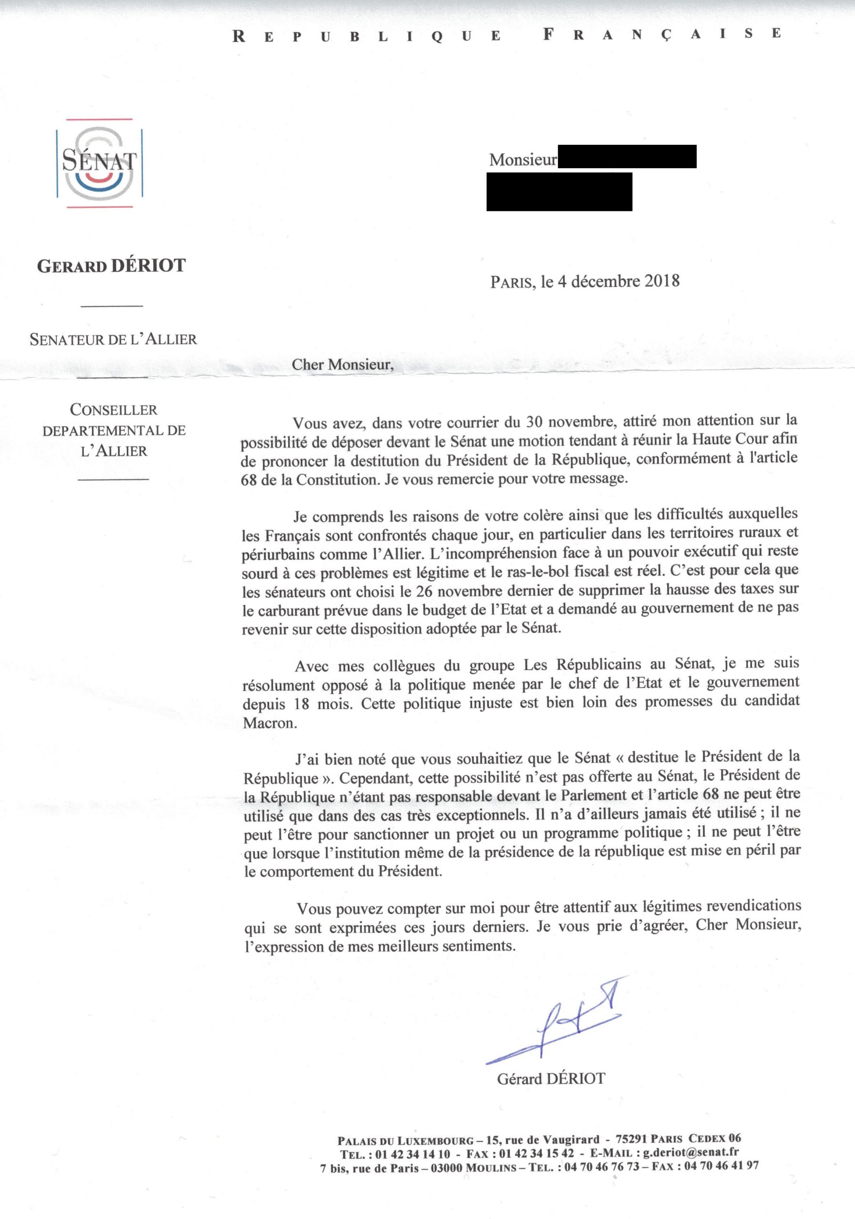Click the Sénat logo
tap(99, 162)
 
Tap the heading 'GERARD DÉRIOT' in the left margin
tap(111, 265)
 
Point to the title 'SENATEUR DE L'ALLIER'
tap(113, 339)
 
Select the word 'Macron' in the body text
tap(268, 723)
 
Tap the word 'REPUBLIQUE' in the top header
tap(367, 36)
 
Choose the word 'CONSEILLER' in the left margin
tap(114, 410)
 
